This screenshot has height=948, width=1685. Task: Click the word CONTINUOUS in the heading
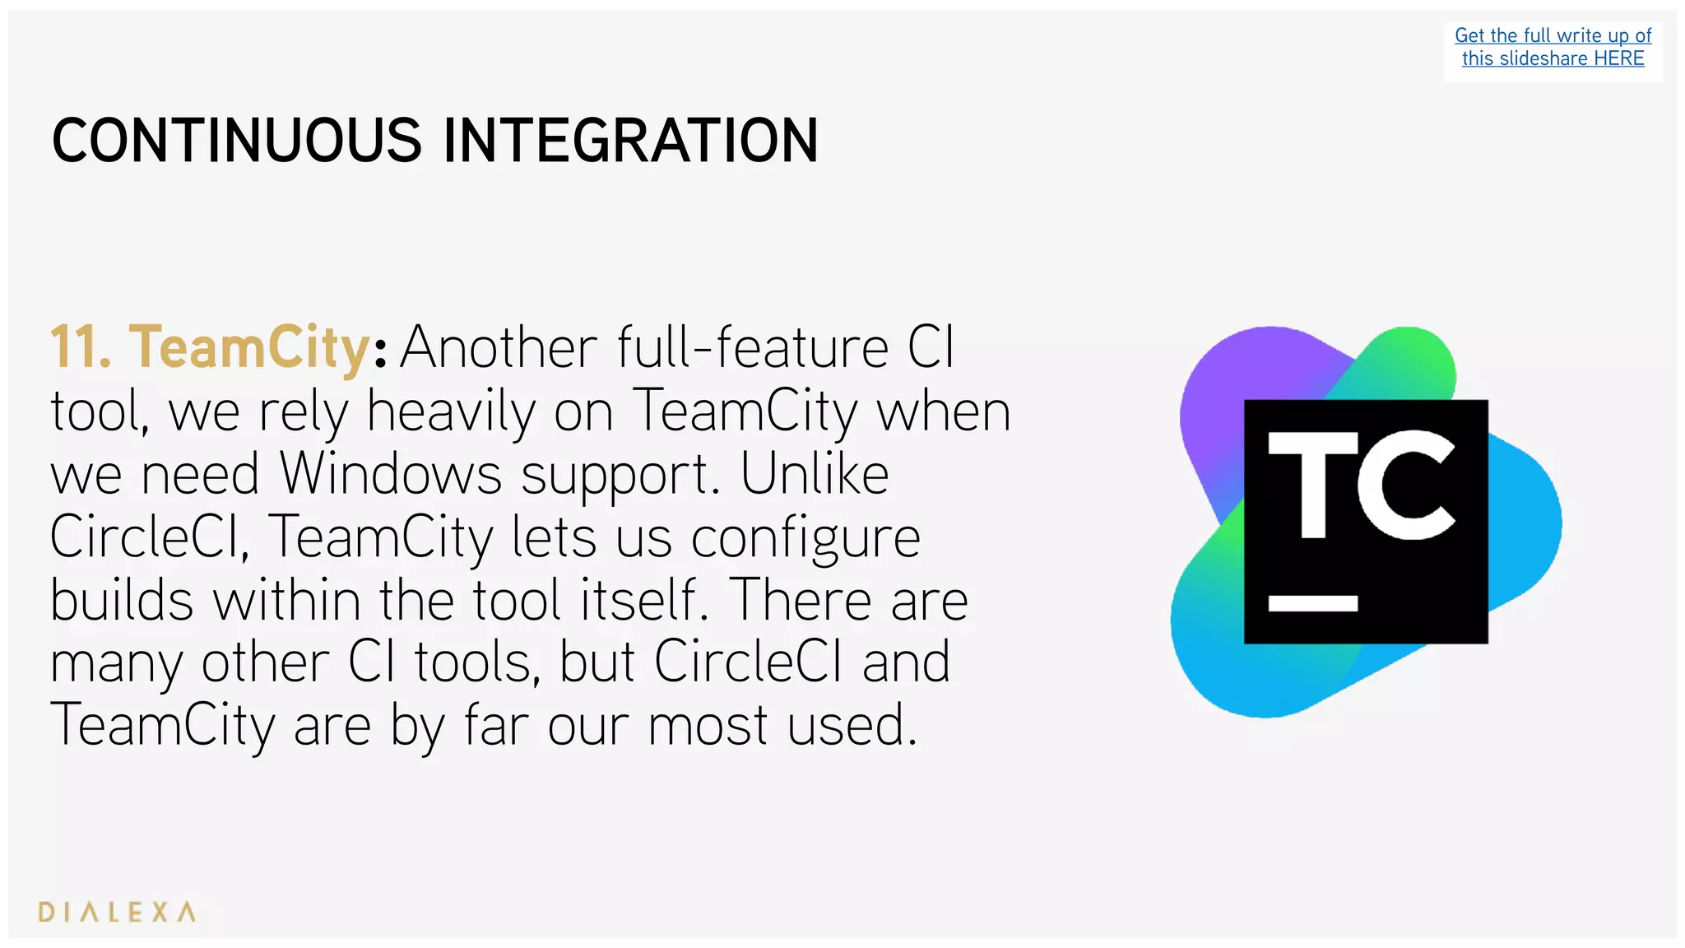237,141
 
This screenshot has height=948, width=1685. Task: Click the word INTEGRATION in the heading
630,141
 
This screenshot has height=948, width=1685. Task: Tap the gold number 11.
80,347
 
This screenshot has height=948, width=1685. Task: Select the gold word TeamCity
249,349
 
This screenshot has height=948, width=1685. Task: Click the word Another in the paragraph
499,347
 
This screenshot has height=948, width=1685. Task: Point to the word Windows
390,474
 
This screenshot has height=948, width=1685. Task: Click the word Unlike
815,474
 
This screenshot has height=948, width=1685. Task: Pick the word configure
805,539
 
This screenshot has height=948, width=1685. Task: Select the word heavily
451,412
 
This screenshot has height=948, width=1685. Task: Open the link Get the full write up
1553,35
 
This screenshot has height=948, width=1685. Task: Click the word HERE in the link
1618,58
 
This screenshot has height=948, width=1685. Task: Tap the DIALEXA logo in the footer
117,912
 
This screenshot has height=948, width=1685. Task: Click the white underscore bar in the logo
1312,603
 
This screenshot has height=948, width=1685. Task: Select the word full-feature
753,347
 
